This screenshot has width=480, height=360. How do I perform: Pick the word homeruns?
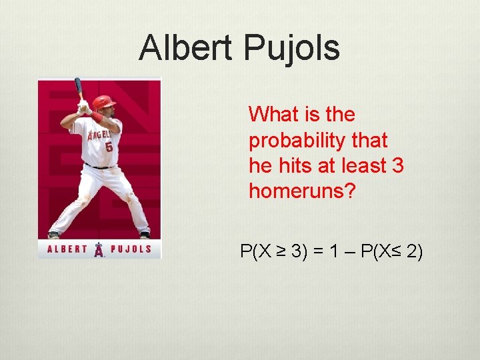(x=301, y=192)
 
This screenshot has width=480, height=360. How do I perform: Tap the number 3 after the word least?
(x=398, y=166)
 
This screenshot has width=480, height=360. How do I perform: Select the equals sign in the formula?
(x=317, y=252)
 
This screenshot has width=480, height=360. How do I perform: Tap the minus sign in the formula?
(x=348, y=252)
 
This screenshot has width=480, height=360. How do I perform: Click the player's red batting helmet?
(x=103, y=102)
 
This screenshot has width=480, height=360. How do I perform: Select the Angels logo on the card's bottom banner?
(x=99, y=250)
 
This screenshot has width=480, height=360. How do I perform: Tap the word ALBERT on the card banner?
(x=67, y=250)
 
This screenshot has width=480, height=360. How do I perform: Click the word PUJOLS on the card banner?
(x=131, y=250)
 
